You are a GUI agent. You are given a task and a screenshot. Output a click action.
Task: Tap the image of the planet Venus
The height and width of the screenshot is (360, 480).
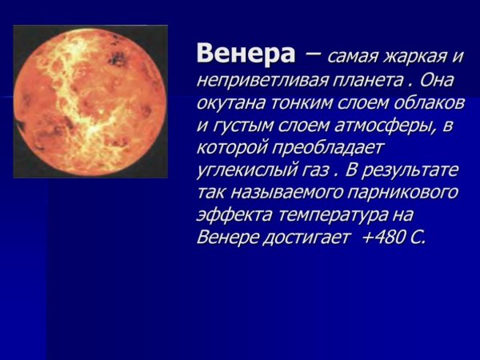(90, 102)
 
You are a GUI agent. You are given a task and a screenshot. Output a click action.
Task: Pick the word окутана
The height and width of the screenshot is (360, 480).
(230, 105)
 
